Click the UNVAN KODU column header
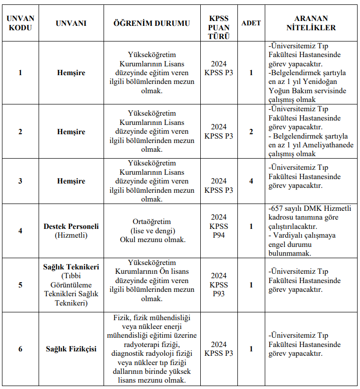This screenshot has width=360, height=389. pyautogui.click(x=21, y=23)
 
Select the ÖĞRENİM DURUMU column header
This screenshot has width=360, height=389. pyautogui.click(x=151, y=23)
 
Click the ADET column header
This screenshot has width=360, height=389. pyautogui.click(x=251, y=23)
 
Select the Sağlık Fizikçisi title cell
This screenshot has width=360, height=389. pyautogui.click(x=71, y=349)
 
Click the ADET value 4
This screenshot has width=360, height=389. pyautogui.click(x=251, y=181)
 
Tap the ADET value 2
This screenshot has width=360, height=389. pyautogui.click(x=251, y=132)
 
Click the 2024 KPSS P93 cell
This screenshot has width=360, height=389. pyautogui.click(x=219, y=285)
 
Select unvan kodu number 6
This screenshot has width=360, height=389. pyautogui.click(x=21, y=349)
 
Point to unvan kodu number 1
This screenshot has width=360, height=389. pyautogui.click(x=21, y=73)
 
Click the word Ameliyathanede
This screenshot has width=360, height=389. pyautogui.click(x=331, y=145)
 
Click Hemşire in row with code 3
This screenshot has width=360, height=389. pyautogui.click(x=71, y=181)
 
